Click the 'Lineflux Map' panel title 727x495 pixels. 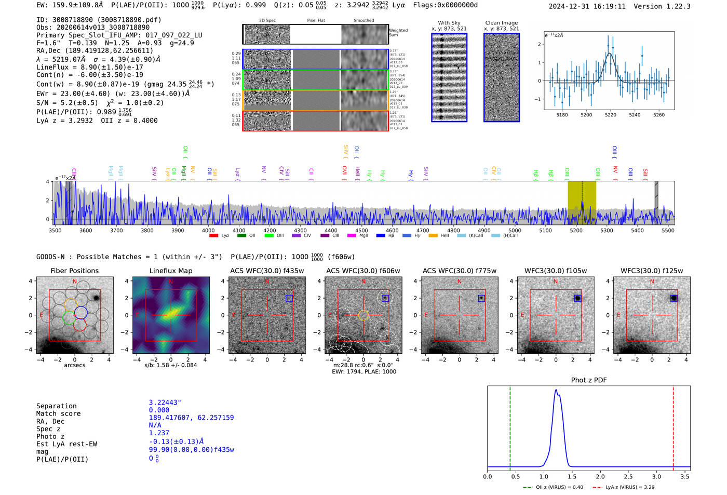(170, 271)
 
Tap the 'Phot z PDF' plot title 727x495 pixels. (588, 380)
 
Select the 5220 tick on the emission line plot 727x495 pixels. (610, 115)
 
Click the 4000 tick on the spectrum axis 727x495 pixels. (208, 230)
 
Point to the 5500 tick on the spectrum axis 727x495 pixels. (668, 230)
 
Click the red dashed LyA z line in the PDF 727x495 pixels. (673, 426)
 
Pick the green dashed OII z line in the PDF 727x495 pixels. (510, 426)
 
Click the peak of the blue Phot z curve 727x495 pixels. (556, 390)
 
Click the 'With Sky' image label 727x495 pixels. (449, 23)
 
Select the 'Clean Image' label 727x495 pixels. (501, 23)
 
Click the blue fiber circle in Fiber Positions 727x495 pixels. (80, 313)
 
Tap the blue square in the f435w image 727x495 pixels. (289, 298)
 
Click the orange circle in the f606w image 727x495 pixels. (363, 315)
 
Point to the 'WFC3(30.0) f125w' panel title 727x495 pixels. (652, 271)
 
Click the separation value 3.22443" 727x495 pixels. (165, 403)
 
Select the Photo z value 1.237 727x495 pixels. (159, 433)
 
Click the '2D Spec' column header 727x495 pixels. (267, 20)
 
